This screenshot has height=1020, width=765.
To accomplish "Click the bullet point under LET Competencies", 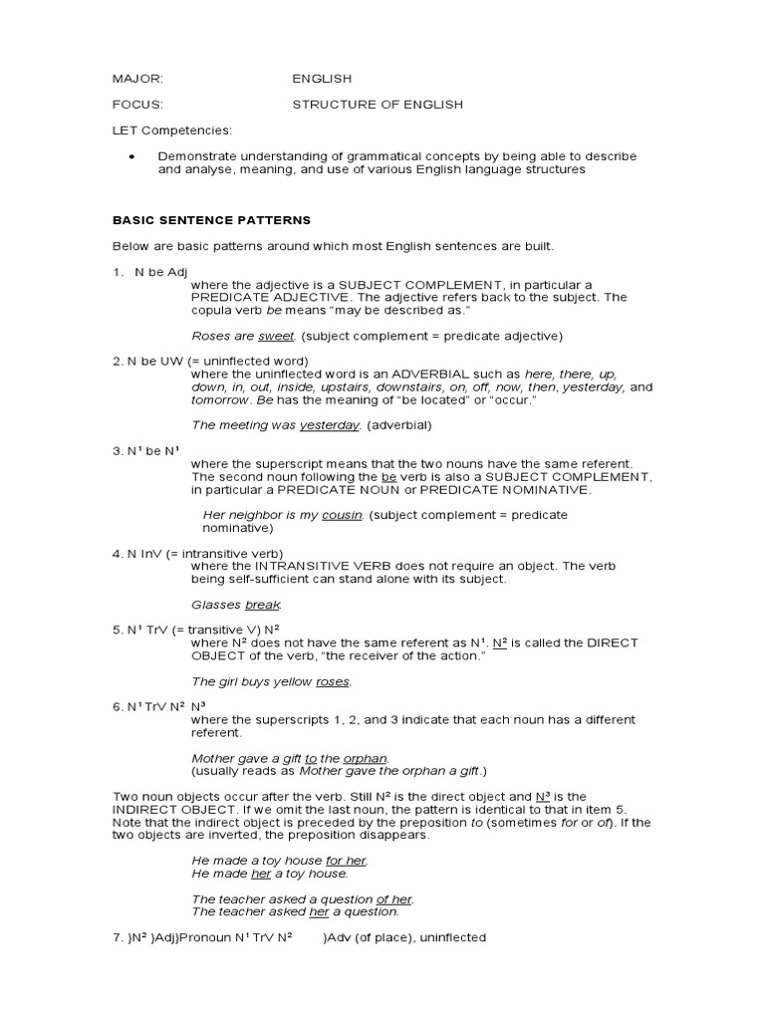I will click(x=132, y=157).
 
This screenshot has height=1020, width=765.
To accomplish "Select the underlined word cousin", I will click(x=341, y=515).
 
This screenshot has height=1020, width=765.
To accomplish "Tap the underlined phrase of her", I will click(x=393, y=899).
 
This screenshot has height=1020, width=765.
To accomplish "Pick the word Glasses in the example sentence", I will click(x=215, y=605).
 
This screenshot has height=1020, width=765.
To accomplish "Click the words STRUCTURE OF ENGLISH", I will click(x=377, y=105).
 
